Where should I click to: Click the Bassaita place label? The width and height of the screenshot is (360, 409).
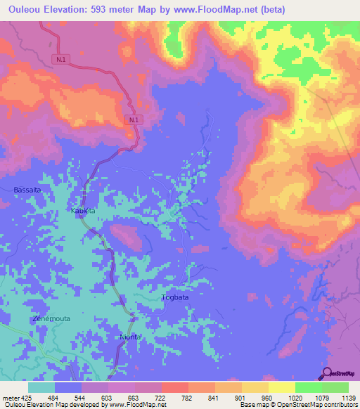point(27,190)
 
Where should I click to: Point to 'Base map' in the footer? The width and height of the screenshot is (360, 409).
point(252,405)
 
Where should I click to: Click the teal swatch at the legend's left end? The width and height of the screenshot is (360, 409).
point(41,387)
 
